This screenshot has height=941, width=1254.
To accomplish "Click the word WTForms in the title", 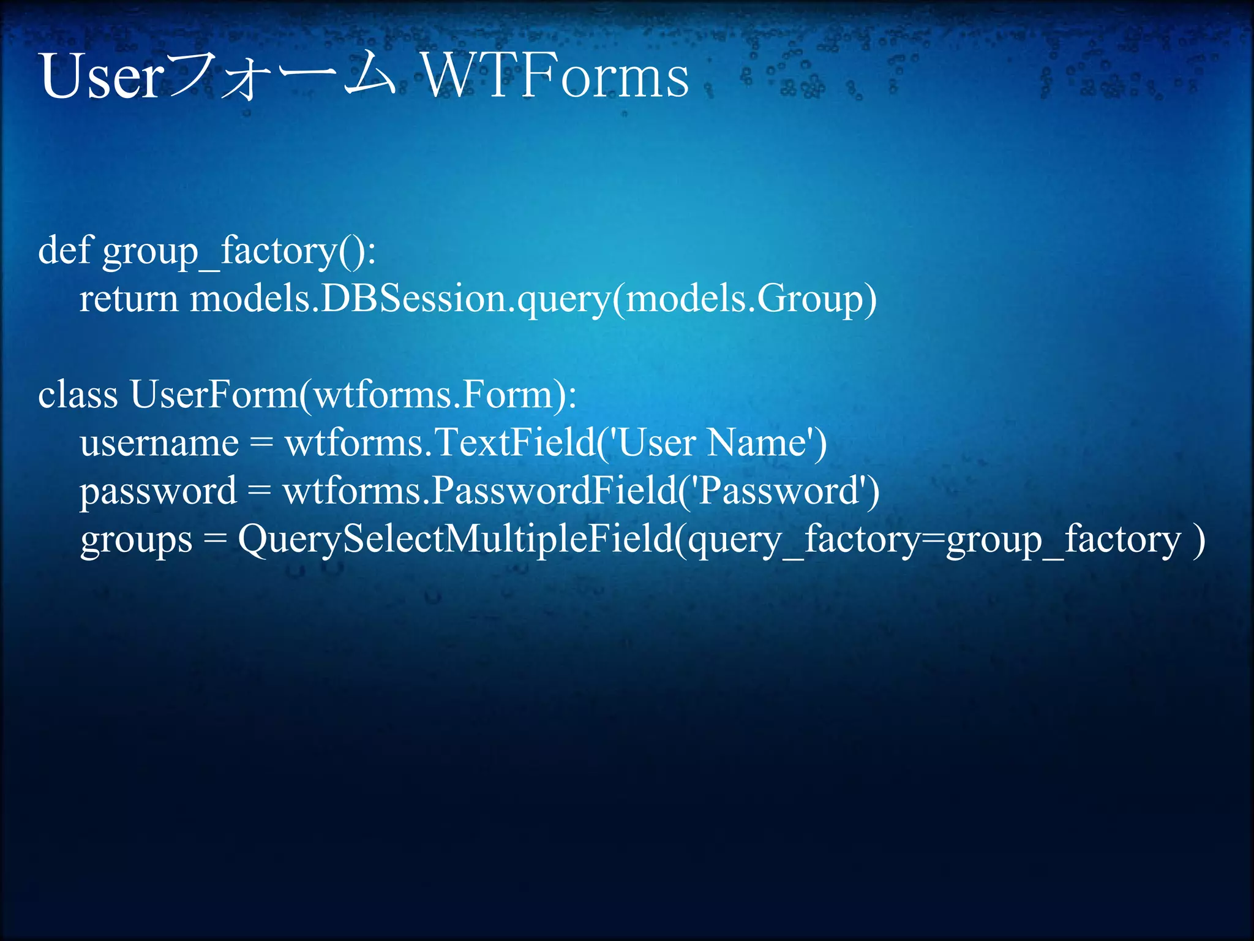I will click(x=556, y=77).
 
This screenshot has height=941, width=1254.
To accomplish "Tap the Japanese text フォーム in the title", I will click(x=282, y=77).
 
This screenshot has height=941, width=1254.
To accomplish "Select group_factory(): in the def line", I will click(x=239, y=251).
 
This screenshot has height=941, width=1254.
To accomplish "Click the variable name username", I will click(x=159, y=442).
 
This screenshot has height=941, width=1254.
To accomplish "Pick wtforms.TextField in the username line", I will click(x=440, y=442).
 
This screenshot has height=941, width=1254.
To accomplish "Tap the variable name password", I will click(x=158, y=491).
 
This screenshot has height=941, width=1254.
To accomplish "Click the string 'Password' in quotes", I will click(x=779, y=491).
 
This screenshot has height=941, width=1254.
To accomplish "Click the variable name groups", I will click(x=136, y=540).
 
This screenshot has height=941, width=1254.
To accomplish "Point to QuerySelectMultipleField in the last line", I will click(x=456, y=539).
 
